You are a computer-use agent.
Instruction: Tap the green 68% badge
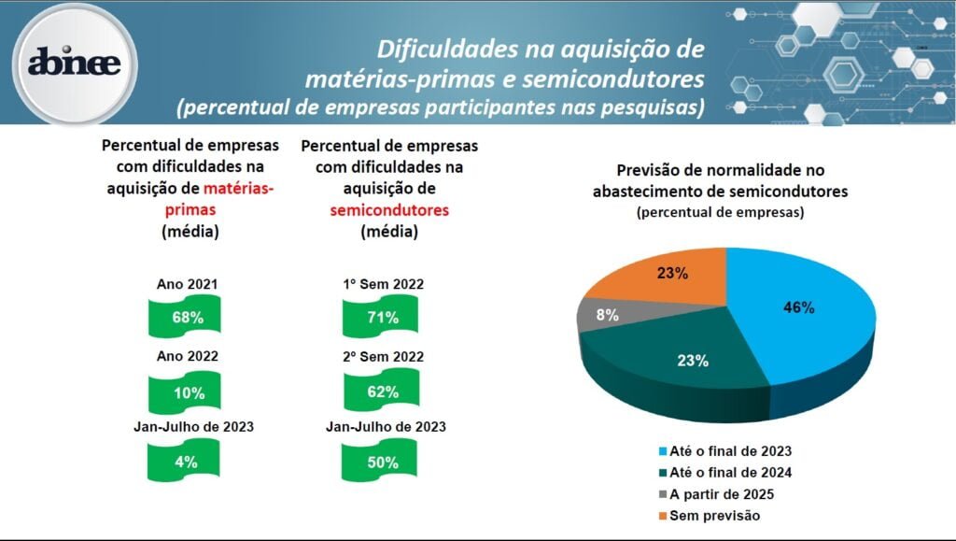click(x=188, y=317)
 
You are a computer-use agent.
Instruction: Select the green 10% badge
click(x=188, y=392)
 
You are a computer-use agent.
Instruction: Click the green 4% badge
click(x=186, y=462)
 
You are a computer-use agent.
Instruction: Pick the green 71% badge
click(x=383, y=317)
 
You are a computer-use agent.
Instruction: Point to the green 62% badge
click(x=383, y=392)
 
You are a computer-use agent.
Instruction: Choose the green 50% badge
click(x=383, y=462)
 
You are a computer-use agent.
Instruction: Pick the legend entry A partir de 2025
click(x=717, y=494)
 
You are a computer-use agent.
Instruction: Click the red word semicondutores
click(x=389, y=210)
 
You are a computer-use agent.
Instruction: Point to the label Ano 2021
click(x=188, y=284)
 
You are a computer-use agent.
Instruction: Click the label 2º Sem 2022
click(x=384, y=356)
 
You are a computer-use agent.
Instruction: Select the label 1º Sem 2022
click(x=384, y=284)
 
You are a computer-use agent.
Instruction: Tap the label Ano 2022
click(x=188, y=356)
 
